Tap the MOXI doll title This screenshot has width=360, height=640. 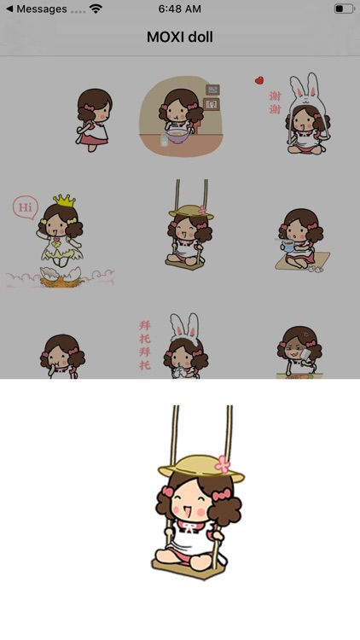click(x=180, y=37)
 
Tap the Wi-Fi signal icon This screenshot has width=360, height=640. click(x=96, y=9)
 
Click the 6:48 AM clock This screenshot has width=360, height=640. click(x=180, y=9)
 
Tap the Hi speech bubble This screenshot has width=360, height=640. click(x=26, y=207)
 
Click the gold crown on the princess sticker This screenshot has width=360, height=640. click(x=64, y=201)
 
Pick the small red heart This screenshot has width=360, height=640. click(x=258, y=81)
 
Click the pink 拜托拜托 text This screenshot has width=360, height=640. click(x=144, y=345)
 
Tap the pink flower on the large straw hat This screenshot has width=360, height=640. click(x=224, y=464)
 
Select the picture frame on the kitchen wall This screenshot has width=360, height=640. click(x=212, y=104)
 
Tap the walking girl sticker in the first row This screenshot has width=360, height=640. click(x=93, y=119)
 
